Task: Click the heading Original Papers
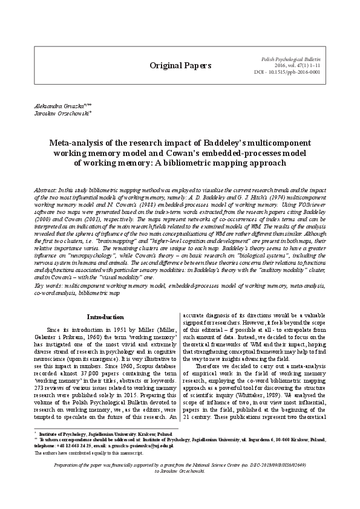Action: (180, 65)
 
